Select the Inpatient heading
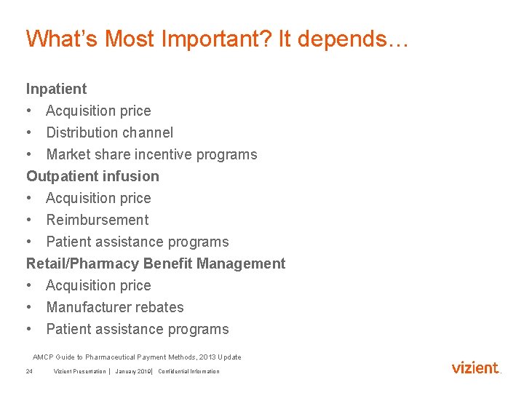pos(56,89)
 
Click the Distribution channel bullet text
pos(109,132)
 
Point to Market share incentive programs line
pos(151,154)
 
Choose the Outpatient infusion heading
pos(92,176)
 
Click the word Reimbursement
pos(97,220)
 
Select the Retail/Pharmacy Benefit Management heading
pos(156,263)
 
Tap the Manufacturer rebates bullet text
pos(114,307)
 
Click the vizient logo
pos(476,368)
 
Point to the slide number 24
pos(29,371)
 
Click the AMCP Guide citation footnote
pos(137,357)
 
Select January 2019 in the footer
pos(132,371)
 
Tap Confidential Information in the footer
pos(188,371)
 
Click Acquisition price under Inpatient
pos(98,111)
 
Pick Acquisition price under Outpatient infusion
pos(98,198)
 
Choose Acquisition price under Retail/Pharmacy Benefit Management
pos(98,285)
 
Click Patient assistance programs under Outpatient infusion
pos(137,242)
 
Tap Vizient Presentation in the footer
pos(79,371)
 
